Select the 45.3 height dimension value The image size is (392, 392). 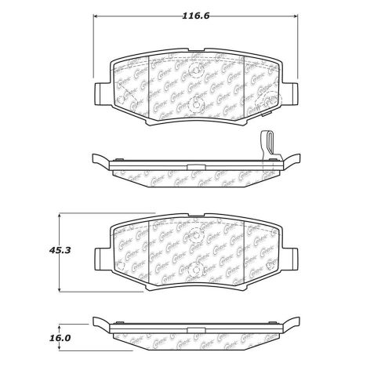pyautogui.click(x=51, y=251)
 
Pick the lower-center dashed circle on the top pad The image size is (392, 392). pyautogui.click(x=197, y=104)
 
